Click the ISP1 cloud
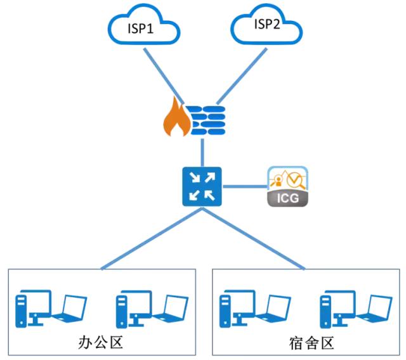click(142, 27)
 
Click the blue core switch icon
click(202, 186)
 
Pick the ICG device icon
click(287, 186)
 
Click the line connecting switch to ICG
click(244, 186)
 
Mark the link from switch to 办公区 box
click(152, 238)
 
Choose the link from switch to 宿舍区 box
click(254, 238)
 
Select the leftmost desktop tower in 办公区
click(22, 308)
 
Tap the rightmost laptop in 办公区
click(169, 308)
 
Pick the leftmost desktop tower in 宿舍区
click(226, 308)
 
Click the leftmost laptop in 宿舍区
click(272, 308)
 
